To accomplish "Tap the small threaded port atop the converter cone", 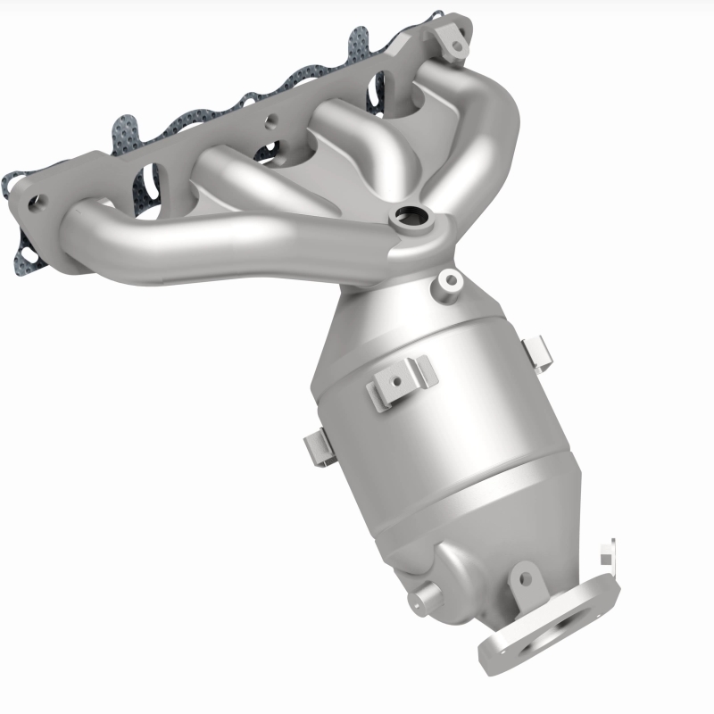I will (x=449, y=281).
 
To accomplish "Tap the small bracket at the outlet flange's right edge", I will (x=608, y=554).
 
